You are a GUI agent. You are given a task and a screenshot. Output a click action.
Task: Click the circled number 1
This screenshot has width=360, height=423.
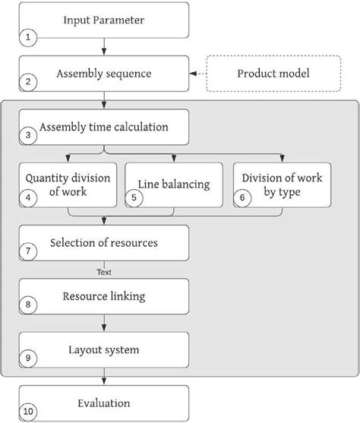(x=28, y=36)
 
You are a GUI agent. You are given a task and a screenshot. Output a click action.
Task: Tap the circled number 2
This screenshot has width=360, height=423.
(x=28, y=83)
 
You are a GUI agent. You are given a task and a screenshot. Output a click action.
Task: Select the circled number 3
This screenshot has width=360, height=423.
(x=28, y=137)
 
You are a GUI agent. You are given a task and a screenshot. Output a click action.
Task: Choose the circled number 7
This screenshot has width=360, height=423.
(x=28, y=251)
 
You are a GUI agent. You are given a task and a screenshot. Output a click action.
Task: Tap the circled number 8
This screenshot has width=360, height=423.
(x=28, y=305)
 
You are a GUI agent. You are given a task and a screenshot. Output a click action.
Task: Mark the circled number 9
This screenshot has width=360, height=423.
(x=28, y=358)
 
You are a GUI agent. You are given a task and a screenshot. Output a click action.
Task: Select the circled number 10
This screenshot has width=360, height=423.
(x=28, y=412)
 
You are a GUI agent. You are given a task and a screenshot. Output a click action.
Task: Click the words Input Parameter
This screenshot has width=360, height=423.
(x=104, y=19)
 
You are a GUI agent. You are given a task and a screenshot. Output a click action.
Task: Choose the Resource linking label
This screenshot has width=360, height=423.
(x=104, y=296)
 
